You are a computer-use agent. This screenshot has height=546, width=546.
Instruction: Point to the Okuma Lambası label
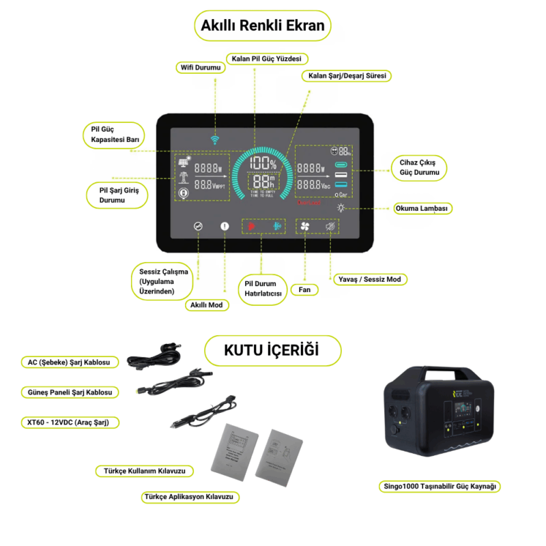click(423, 208)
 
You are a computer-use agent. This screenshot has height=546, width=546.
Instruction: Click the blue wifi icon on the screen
click(216, 139)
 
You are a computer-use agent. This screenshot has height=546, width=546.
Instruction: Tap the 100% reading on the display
click(262, 164)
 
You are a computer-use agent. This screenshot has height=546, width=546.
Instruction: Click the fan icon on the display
click(305, 227)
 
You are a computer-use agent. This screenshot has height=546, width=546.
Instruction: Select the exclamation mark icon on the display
click(225, 227)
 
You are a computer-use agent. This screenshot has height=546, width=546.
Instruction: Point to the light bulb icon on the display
click(341, 208)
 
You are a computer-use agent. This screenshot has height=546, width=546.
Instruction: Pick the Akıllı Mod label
click(207, 305)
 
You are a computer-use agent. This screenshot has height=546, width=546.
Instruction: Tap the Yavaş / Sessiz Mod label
click(369, 279)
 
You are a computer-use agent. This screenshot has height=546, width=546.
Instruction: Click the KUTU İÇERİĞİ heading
click(272, 351)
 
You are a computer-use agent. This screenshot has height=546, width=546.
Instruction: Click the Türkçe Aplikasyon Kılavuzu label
click(191, 497)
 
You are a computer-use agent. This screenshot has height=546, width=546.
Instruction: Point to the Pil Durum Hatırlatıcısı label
click(263, 288)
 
